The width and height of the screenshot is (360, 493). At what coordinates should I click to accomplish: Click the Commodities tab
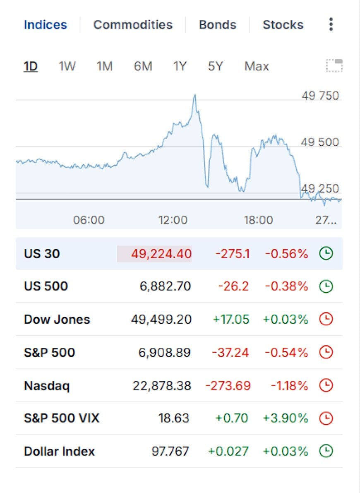133,25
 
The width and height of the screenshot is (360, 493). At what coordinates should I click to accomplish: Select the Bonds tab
218,25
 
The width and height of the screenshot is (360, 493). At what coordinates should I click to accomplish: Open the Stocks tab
283,25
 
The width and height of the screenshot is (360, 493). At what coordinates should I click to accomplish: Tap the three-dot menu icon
331,24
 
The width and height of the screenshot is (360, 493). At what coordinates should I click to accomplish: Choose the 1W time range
67,66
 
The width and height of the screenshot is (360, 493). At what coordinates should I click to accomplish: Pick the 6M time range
143,66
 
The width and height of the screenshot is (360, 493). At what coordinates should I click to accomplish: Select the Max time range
257,66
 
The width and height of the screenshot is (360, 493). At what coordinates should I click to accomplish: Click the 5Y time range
215,66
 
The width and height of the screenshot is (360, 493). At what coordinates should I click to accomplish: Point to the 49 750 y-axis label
320,96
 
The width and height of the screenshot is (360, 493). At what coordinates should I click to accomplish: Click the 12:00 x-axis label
173,220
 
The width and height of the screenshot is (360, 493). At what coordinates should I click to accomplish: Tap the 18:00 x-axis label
259,220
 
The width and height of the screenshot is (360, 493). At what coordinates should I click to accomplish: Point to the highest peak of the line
195,95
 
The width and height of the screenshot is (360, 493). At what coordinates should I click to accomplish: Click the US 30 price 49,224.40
161,254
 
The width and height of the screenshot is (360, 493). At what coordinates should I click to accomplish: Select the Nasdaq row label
47,386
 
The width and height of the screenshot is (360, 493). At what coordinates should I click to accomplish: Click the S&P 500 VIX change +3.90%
286,418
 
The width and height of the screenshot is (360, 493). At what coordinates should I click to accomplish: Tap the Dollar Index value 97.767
170,452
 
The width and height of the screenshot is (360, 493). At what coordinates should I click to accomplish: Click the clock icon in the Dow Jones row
326,319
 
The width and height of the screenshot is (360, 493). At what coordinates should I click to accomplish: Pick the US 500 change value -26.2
234,286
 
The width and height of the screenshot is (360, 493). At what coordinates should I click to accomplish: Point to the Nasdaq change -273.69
228,385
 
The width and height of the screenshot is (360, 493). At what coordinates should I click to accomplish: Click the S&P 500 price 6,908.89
165,352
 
